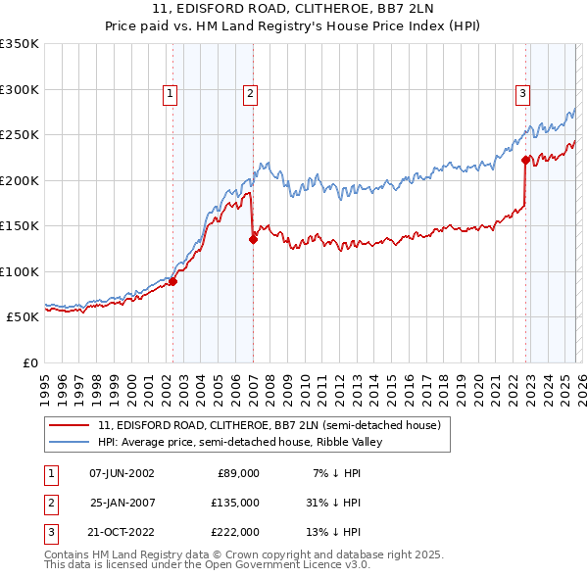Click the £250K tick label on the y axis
coord(20,135)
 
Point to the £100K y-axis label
coord(20,271)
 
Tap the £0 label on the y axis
coord(28,362)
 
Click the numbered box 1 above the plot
coord(171,94)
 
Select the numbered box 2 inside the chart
coord(251,94)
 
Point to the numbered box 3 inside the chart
coord(523,94)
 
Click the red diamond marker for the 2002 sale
coord(172,282)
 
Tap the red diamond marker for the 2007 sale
coord(253,238)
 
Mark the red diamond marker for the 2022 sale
coord(526,160)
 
